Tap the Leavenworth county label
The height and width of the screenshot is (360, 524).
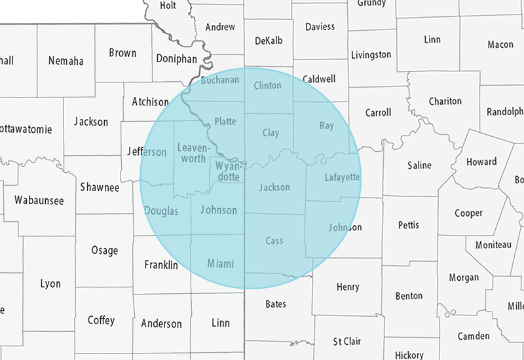pos(193,153)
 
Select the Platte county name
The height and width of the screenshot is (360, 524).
pos(225,122)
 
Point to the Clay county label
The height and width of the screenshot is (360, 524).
pos(271,133)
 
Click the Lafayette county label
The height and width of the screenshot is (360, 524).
pos(343,177)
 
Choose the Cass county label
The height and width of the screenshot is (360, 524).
pos(274,241)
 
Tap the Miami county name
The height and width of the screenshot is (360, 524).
pos(220,264)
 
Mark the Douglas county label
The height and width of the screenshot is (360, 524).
pos(160,211)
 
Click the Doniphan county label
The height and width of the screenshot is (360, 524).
pos(176,58)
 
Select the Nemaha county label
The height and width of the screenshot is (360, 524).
pos(66,61)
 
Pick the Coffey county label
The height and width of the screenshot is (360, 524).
pos(101,320)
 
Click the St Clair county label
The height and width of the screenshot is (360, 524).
pos(347,341)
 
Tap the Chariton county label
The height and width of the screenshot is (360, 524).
pos(445,101)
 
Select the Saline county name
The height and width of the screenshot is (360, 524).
pos(419,165)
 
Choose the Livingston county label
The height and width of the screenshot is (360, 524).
pos(371,54)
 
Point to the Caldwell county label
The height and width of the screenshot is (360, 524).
pos(319,79)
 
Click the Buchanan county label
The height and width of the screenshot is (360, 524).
pos(220,81)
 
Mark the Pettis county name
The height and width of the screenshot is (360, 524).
pos(409,225)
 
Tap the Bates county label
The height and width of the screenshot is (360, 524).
pos(276,304)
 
